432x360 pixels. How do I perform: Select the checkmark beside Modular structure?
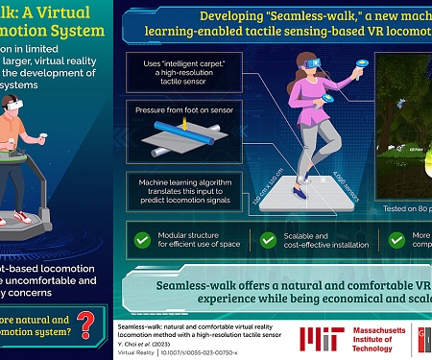point(142,237)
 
